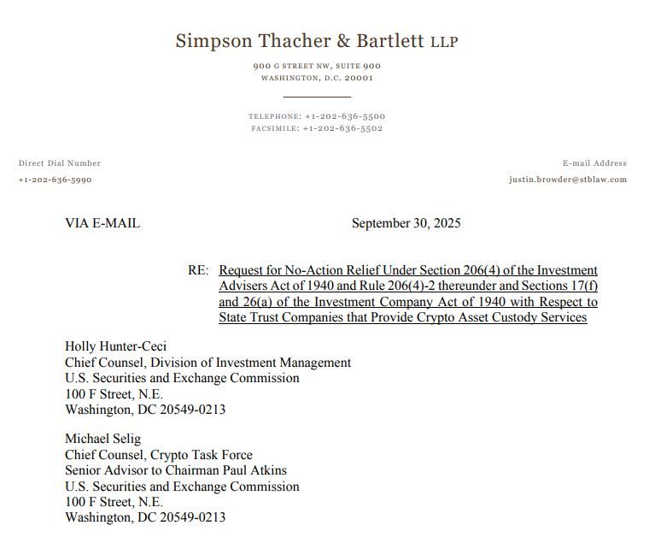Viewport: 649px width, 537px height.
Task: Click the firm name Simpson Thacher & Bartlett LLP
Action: [316, 41]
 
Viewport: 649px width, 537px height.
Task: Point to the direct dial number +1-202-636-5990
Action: [55, 180]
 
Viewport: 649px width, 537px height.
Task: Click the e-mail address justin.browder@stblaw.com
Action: [567, 180]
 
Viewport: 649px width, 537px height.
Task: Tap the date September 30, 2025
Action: [406, 223]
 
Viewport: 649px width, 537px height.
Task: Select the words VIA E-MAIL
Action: [102, 223]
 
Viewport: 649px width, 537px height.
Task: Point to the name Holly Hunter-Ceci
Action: [115, 346]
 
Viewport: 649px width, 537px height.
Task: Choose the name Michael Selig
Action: [104, 440]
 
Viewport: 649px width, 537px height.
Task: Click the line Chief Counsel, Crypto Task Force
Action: [159, 455]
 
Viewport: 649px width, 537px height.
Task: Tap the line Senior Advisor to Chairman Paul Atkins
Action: [176, 470]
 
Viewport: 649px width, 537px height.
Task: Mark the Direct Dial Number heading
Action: [60, 162]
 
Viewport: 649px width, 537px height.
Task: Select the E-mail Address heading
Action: [594, 162]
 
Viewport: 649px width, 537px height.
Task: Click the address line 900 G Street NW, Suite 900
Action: [317, 66]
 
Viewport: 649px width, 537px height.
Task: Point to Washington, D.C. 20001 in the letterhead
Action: [317, 78]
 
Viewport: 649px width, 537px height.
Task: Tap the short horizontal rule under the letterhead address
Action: [317, 97]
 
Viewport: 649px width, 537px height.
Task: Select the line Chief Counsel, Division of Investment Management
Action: [208, 363]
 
